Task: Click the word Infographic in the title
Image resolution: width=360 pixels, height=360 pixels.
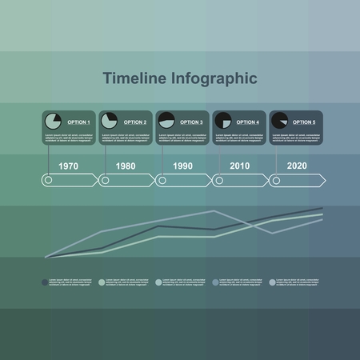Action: (212, 78)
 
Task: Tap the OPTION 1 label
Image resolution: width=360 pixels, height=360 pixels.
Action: (78, 122)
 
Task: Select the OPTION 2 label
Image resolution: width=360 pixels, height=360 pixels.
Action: (135, 122)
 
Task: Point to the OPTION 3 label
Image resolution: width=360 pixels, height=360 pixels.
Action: (192, 122)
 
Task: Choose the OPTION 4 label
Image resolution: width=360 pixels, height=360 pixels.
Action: (248, 122)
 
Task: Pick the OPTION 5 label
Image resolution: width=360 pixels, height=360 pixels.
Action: (304, 122)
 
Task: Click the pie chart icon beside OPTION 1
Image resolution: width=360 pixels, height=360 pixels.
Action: (54, 121)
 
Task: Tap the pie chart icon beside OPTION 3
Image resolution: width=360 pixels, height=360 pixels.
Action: (166, 121)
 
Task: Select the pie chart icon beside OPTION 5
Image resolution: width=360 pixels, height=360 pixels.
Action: (279, 121)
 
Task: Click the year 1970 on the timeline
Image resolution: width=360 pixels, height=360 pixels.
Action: (69, 166)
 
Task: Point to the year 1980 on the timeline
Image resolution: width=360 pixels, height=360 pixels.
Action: (126, 166)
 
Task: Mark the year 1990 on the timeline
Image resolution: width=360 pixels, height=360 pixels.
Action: (182, 166)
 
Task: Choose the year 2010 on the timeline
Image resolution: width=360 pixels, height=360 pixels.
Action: (239, 166)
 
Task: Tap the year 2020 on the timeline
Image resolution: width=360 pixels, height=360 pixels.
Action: (296, 166)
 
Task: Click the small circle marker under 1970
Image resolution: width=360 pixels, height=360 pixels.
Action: (49, 181)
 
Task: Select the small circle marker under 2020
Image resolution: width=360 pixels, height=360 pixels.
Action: (276, 181)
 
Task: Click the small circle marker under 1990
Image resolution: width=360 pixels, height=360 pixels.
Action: (162, 181)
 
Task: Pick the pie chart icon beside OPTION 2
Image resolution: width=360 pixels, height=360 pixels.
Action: (110, 121)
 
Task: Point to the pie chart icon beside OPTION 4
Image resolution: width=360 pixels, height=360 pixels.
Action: (223, 121)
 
